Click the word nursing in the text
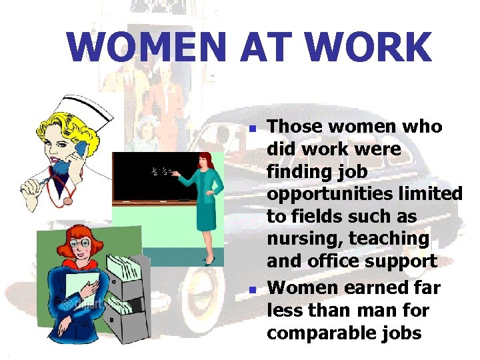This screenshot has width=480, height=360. click(301, 238)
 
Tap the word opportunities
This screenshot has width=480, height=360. click(323, 194)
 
